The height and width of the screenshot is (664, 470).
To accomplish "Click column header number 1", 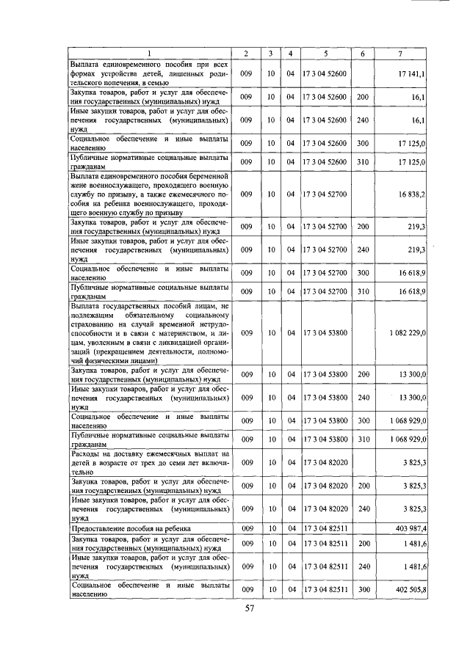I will click(x=151, y=53).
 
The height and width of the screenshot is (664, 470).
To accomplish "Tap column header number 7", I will click(x=399, y=53).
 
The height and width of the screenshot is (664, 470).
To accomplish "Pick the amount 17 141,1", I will click(x=412, y=75).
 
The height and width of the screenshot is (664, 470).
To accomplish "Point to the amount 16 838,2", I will click(x=412, y=194).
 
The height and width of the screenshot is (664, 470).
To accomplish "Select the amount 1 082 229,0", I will click(x=408, y=332).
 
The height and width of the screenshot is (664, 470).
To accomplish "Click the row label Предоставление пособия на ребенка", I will click(x=130, y=528).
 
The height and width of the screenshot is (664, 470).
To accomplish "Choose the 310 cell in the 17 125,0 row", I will click(x=362, y=161).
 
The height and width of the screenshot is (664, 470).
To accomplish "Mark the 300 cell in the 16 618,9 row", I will click(x=362, y=272).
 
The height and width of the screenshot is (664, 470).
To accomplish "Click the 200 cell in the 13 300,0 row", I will click(x=362, y=375).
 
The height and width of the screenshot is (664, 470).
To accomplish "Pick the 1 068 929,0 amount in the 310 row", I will click(x=408, y=439).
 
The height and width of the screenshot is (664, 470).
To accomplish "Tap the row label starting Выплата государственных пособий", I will click(x=151, y=332).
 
